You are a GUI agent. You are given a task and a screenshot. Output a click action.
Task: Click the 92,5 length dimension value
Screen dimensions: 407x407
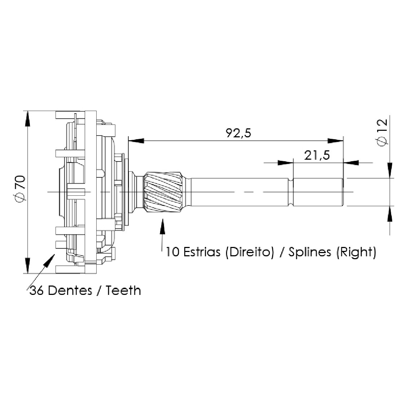pos(239,133)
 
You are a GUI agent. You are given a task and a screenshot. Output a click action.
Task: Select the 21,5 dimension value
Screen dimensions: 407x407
pos(317,155)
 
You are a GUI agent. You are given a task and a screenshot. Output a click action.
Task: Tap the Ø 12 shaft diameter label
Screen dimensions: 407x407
pos(382,133)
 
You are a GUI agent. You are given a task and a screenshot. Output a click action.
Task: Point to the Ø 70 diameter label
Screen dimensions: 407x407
pos(20,189)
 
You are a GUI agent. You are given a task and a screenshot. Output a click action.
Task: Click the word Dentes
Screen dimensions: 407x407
pos(70,291)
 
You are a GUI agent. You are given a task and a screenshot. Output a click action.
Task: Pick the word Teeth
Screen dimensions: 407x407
pos(123,291)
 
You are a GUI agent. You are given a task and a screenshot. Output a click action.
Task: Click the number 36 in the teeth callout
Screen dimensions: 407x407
pos(37,291)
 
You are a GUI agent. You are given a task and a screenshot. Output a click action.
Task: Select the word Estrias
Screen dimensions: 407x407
pos(202,252)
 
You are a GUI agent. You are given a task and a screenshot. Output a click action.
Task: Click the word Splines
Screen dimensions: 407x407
pos(310,252)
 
